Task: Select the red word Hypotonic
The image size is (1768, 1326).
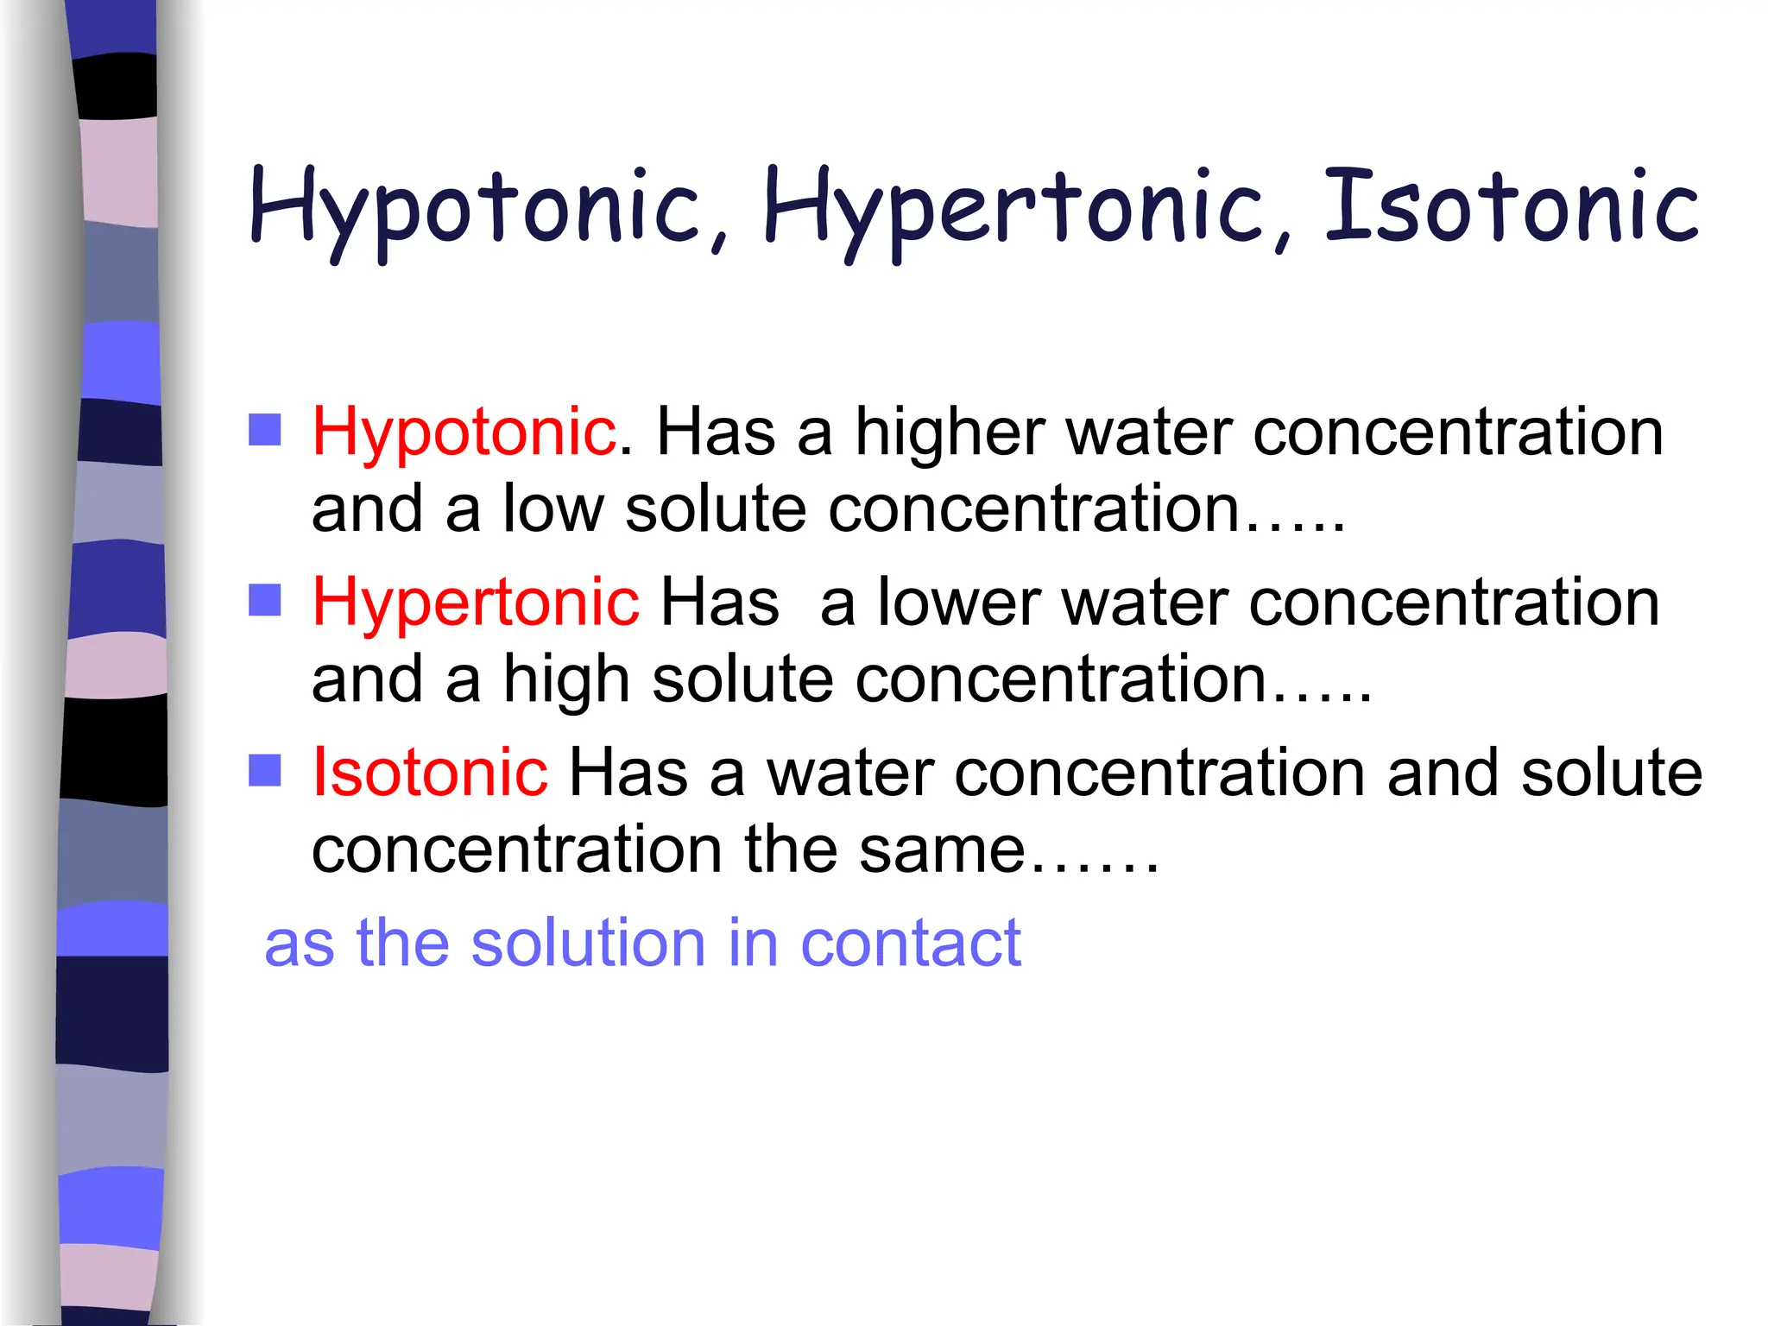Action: (464, 432)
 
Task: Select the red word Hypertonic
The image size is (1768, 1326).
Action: (475, 602)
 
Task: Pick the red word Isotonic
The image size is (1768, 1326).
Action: (429, 772)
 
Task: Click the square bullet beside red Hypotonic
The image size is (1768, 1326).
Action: (265, 429)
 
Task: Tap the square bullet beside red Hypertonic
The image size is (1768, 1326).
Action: (265, 600)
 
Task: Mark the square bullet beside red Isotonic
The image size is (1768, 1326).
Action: (265, 770)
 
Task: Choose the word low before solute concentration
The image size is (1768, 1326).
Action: (553, 508)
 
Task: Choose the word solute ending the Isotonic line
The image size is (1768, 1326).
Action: (1611, 772)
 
